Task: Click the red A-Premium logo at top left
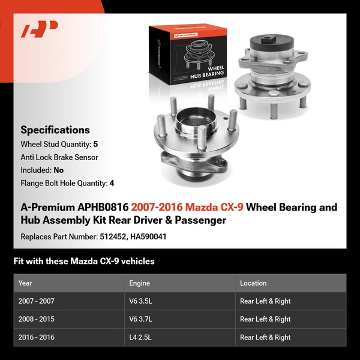(x=39, y=29)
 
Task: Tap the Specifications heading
(x=55, y=130)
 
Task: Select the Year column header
(x=25, y=283)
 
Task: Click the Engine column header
(x=139, y=283)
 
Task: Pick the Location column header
(x=253, y=283)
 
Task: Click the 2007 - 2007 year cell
(x=36, y=301)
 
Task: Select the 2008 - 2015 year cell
(x=36, y=319)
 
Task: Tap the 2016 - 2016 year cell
(x=36, y=337)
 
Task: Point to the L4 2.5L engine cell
(x=141, y=337)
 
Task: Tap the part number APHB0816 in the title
(x=103, y=208)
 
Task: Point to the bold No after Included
(x=58, y=170)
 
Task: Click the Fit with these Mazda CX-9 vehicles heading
(x=84, y=261)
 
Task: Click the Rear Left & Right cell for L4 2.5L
(x=265, y=337)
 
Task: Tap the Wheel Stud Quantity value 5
(x=95, y=145)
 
